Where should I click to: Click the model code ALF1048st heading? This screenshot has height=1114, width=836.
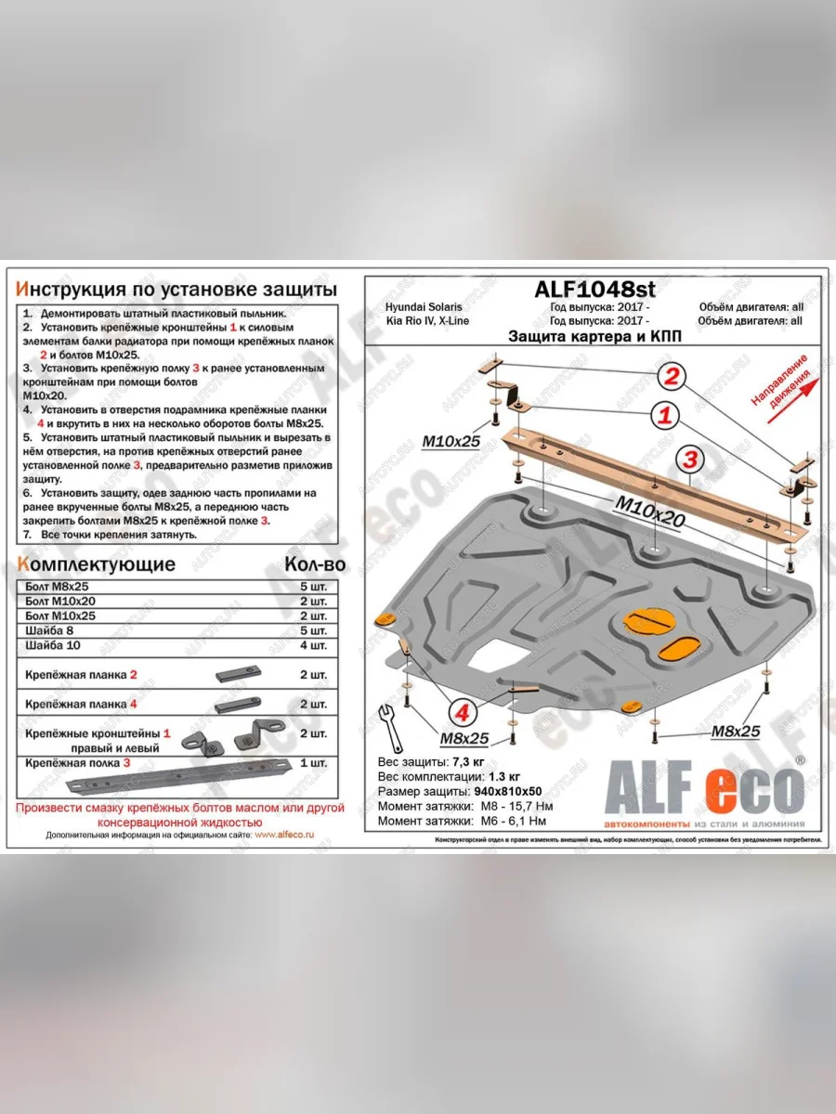[x=594, y=290]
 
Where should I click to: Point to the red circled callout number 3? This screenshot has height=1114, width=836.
[x=688, y=459]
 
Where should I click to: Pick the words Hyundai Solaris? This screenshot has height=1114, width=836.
[x=423, y=307]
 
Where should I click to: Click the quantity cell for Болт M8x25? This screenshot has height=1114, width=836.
[x=313, y=587]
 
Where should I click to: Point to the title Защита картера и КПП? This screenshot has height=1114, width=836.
[x=594, y=337]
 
